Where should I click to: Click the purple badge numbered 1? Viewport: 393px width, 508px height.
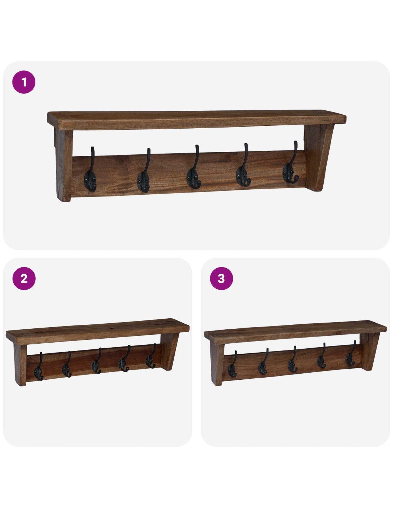(24, 82)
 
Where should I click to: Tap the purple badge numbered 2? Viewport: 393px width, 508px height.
(24, 278)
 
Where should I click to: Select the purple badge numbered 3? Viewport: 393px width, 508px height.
(222, 278)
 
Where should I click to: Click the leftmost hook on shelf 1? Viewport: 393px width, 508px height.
(90, 172)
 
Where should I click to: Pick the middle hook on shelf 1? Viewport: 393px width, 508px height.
(194, 169)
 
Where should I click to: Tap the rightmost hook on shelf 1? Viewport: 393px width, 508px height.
(290, 164)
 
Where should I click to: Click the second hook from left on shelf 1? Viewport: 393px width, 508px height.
(144, 173)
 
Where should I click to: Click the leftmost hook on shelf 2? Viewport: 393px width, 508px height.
(39, 368)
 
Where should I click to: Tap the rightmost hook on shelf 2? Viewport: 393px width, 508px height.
(151, 357)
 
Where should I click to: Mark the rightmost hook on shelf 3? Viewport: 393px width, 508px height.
(350, 355)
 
